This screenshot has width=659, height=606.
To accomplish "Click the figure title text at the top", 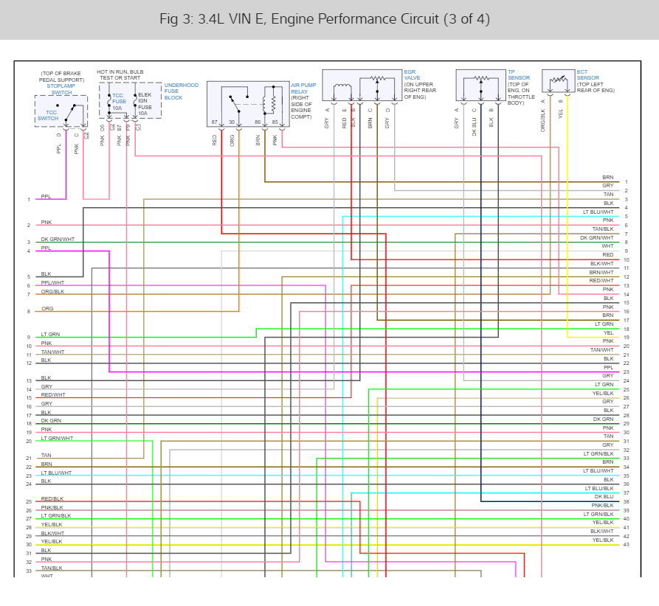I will coord(325,18).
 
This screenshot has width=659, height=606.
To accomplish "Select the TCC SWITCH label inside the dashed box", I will coord(48,115).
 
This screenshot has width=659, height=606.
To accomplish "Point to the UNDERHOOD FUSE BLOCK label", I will coord(181,91).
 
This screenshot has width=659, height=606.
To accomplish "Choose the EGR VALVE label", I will coord(412,75).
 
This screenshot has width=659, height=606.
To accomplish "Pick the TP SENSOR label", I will coord(519,74).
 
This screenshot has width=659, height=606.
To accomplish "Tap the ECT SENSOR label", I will coord(587,74).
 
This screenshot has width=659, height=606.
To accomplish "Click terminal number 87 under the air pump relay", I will coord(215,122).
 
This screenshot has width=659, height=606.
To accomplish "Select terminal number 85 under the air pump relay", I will coord(275,122).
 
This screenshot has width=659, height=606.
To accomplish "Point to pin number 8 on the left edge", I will coord(29,312).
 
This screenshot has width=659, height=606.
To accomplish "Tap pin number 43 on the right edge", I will coord(626,544).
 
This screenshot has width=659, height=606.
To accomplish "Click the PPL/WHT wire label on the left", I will coord(52,282).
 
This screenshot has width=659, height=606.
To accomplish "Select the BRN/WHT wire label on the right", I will coord(601,272).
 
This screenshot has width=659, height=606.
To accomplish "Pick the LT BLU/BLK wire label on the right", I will coord(599,488).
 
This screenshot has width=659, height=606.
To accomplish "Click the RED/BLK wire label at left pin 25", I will coord(52,499).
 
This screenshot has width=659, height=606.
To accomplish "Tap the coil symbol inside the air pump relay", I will coord(273,100).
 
